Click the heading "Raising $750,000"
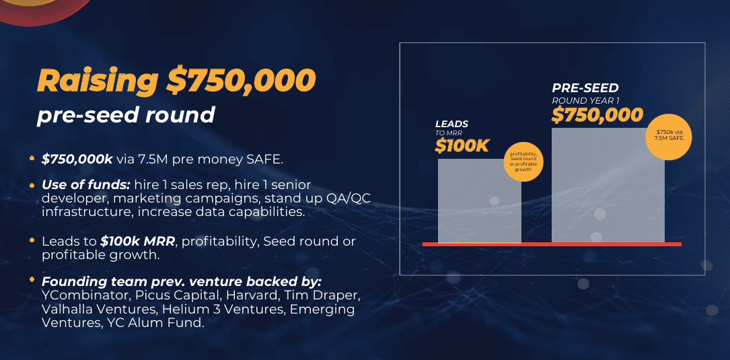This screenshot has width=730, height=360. click(176, 80)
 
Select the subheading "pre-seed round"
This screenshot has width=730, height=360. click(126, 114)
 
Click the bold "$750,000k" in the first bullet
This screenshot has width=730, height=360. click(77, 159)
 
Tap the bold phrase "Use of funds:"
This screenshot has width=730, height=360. click(85, 185)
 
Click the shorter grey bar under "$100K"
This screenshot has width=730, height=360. click(480, 201)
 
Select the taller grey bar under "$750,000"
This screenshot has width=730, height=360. click(608, 185)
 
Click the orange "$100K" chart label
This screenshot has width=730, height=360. click(462, 146)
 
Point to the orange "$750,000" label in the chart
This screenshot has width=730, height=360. click(597, 114)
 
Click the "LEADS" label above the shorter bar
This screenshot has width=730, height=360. click(451, 124)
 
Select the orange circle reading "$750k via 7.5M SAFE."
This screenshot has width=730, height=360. click(668, 137)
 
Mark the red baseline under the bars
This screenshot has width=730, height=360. click(552, 244)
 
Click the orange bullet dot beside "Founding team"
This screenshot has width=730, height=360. click(32, 279)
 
